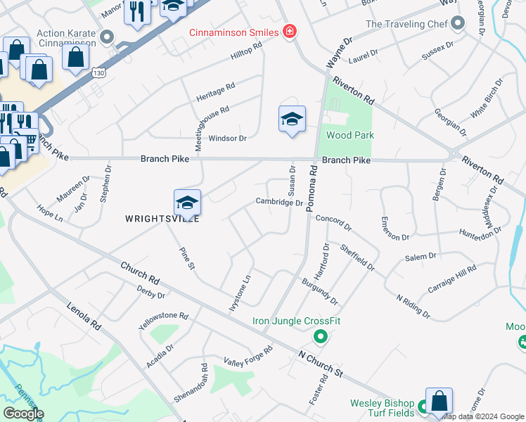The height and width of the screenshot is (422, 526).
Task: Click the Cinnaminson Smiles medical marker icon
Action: pyautogui.click(x=288, y=32)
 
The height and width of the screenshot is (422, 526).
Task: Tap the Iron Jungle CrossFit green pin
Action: pyautogui.click(x=321, y=337)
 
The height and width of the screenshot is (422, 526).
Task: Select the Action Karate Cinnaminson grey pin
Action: pyautogui.click(x=107, y=37)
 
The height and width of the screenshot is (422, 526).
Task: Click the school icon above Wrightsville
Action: pyautogui.click(x=187, y=203)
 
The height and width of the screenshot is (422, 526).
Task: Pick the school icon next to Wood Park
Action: pyautogui.click(x=292, y=119)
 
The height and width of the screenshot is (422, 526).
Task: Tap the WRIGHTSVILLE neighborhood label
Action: pyautogui.click(x=162, y=219)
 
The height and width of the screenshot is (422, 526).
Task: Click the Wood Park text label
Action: pyautogui.click(x=350, y=135)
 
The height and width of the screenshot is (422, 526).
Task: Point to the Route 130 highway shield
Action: pyautogui.click(x=98, y=72)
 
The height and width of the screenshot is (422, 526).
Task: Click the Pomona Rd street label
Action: pyautogui.click(x=312, y=189)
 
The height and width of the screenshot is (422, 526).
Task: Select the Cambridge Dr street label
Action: pyautogui.click(x=279, y=203)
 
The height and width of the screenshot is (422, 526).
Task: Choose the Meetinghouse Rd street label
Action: pyautogui.click(x=203, y=120)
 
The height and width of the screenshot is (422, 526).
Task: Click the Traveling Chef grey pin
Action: pyautogui.click(x=458, y=25)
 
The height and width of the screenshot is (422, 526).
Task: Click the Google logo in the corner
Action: pyautogui.click(x=23, y=414)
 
